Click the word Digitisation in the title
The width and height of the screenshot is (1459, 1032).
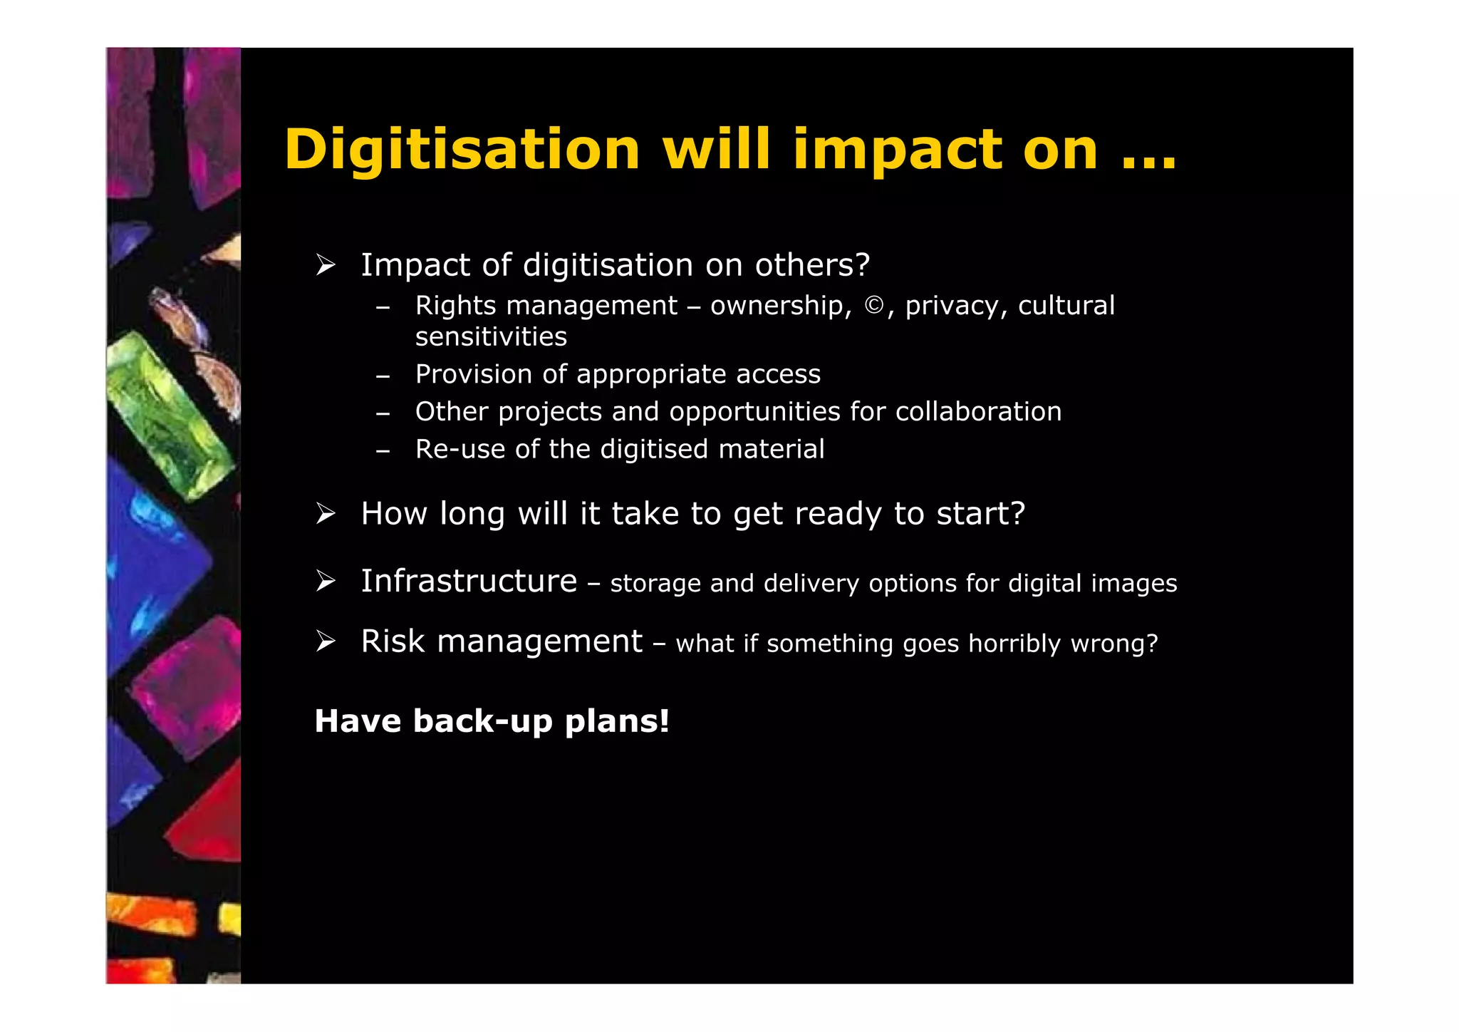[x=462, y=150]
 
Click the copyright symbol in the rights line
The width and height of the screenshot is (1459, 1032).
[x=874, y=306]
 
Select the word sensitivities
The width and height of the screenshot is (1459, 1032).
[x=491, y=337]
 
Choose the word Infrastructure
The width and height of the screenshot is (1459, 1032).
[x=469, y=582]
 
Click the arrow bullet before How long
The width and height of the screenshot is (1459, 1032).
[x=326, y=513]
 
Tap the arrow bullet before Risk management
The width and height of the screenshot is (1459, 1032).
[x=326, y=641]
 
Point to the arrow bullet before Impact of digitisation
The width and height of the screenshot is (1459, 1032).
[x=326, y=265]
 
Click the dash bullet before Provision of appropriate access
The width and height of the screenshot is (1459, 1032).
[x=383, y=376]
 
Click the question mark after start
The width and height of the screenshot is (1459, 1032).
[x=1017, y=513]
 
